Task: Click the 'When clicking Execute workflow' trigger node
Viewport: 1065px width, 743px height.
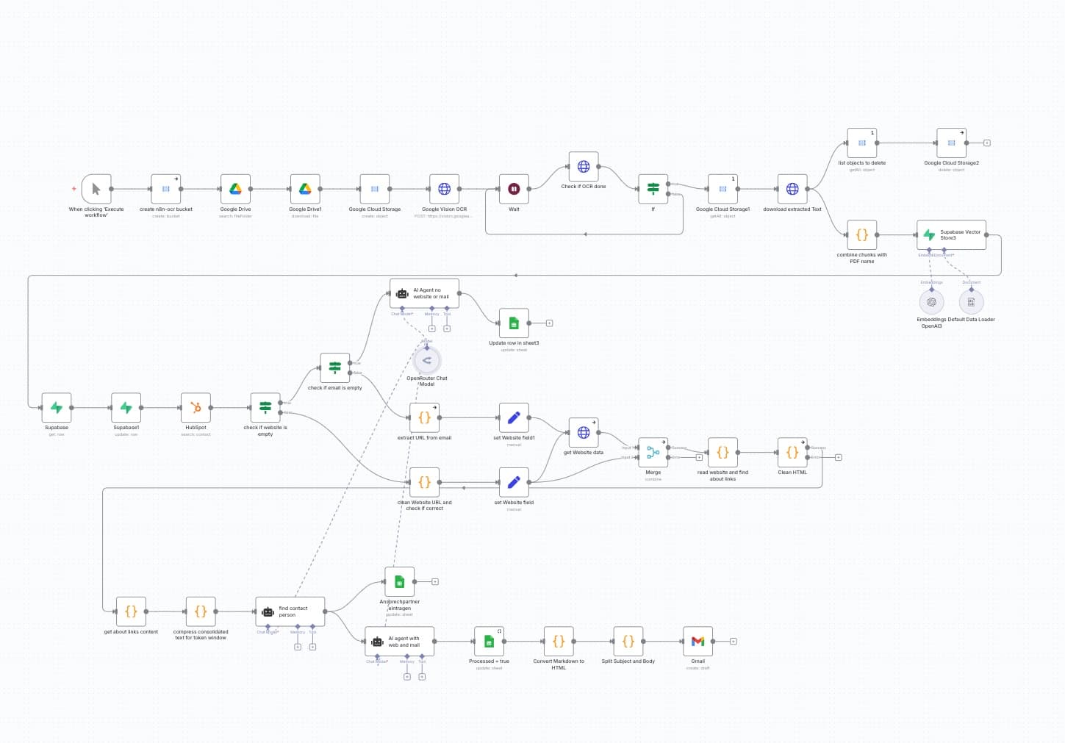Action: point(96,189)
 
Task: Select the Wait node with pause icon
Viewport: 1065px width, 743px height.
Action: point(514,189)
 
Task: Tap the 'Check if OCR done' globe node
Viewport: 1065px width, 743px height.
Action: point(584,167)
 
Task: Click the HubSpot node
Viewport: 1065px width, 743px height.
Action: point(196,407)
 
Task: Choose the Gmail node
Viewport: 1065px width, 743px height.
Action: point(698,641)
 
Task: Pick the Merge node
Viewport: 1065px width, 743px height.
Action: point(653,453)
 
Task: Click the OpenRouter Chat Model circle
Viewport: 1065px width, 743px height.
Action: point(427,360)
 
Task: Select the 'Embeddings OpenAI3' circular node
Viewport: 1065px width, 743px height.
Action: point(931,301)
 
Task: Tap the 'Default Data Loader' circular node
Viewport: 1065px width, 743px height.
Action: point(971,301)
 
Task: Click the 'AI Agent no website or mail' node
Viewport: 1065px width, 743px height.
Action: point(425,293)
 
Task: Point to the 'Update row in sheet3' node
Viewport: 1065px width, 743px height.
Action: point(514,323)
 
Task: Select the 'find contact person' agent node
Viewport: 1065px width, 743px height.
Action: point(290,611)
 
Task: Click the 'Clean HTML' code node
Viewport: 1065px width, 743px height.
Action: point(792,453)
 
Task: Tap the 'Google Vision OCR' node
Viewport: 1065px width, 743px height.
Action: point(444,189)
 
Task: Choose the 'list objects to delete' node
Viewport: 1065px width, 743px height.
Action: point(861,143)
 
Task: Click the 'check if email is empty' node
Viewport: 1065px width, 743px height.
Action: point(334,367)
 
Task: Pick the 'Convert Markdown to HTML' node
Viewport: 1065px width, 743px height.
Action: point(559,641)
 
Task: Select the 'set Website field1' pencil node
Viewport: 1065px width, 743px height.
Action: point(514,417)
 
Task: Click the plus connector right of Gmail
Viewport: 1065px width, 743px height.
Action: point(734,642)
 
